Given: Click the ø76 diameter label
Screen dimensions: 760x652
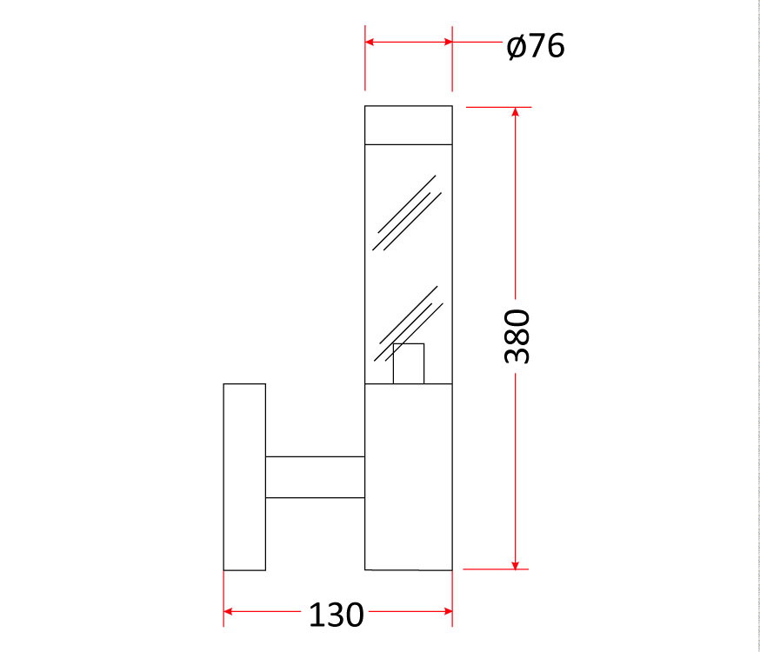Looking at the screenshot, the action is [x=536, y=46].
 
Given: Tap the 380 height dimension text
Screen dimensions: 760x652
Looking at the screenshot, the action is [x=517, y=336].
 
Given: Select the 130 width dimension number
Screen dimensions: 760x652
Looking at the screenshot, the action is [x=336, y=615].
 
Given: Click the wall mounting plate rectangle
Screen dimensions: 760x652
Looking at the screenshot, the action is [x=244, y=477].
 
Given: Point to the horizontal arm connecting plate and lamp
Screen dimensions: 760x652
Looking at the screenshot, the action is [x=315, y=477].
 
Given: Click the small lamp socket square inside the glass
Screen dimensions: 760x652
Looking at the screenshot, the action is [x=409, y=363].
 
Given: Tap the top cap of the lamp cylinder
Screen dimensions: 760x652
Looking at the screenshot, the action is [x=409, y=125].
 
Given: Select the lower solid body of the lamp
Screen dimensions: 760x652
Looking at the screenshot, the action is [x=409, y=477].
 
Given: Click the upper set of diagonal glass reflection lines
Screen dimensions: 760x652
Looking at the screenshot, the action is [x=407, y=213].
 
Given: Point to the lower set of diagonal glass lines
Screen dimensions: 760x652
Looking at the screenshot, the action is [x=409, y=323].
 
